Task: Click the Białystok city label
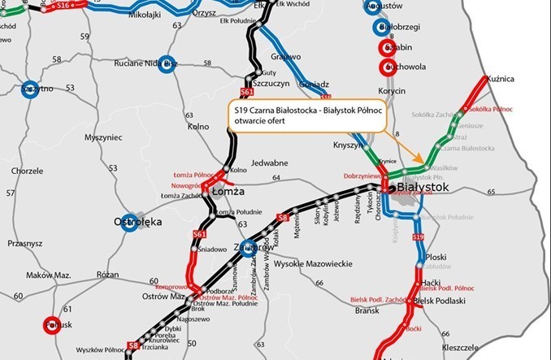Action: pos(427,188)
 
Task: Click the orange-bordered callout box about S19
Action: pos(305,119)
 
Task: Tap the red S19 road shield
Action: pos(418,236)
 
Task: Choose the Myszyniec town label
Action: pos(102,137)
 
